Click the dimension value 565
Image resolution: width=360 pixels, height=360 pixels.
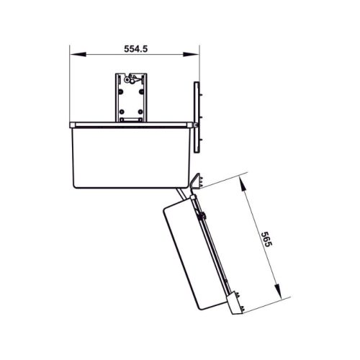click(x=267, y=240)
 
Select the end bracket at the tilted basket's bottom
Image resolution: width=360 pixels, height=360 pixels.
click(x=236, y=302)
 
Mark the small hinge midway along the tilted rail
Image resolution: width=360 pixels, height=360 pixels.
click(x=204, y=216)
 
